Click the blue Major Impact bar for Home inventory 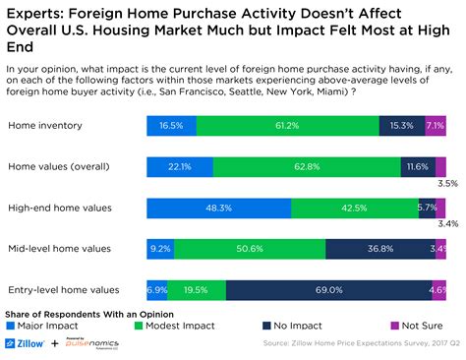pyautogui.click(x=171, y=125)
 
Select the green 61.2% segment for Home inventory pyautogui.click(x=287, y=125)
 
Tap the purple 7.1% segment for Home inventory pyautogui.click(x=436, y=125)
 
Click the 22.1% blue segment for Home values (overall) pyautogui.click(x=179, y=166)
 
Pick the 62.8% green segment pyautogui.click(x=307, y=166)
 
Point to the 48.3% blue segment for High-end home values pyautogui.click(x=218, y=208)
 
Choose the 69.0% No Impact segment pyautogui.click(x=328, y=290)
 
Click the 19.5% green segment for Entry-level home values pyautogui.click(x=197, y=290)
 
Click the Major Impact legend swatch pyautogui.click(x=12, y=324)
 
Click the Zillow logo pyautogui.click(x=29, y=344)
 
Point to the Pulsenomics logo pyautogui.click(x=92, y=344)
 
